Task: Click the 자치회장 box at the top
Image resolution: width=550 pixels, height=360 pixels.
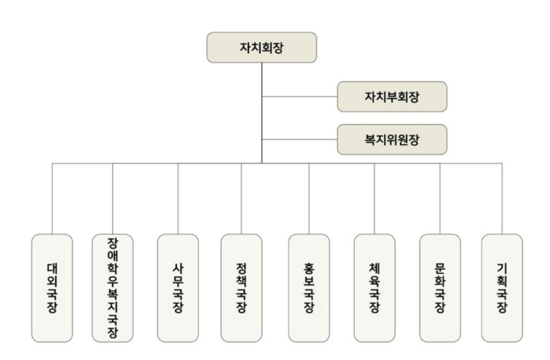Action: tap(262, 47)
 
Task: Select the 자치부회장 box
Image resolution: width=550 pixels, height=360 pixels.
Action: tap(392, 96)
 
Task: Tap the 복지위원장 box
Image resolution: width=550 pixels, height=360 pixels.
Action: tap(392, 139)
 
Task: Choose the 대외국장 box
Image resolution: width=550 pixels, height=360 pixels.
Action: tap(52, 288)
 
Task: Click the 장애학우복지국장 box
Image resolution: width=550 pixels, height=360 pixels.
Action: tap(112, 288)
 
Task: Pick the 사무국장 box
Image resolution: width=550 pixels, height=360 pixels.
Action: tap(178, 288)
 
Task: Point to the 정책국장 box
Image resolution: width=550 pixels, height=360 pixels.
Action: tap(242, 288)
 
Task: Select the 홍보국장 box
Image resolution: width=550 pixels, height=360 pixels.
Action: tap(309, 288)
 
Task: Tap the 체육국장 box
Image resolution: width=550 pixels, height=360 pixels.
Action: tap(375, 288)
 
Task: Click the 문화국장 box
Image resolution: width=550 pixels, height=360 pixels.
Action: tap(440, 288)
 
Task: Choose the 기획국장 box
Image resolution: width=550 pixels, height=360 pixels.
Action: tap(501, 288)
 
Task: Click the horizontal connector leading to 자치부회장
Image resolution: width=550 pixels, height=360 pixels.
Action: tap(300, 96)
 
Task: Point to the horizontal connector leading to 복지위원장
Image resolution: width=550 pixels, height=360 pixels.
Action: tap(300, 139)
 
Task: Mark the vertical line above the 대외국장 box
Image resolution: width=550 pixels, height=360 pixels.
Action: tap(52, 199)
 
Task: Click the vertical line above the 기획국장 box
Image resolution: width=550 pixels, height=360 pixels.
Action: tap(501, 199)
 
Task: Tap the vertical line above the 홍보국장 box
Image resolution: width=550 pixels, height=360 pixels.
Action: tap(309, 199)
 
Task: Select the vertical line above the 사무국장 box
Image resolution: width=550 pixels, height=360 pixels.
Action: tap(178, 199)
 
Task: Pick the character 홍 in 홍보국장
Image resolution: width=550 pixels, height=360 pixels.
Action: tap(309, 264)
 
